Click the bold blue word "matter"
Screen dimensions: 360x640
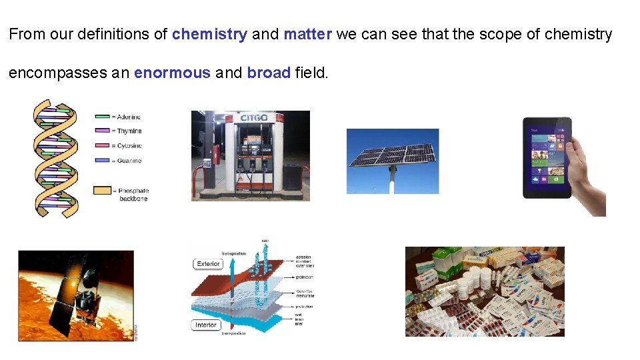click(307, 35)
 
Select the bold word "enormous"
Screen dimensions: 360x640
click(172, 73)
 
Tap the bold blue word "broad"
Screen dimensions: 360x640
click(269, 73)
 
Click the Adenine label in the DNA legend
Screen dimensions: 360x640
click(129, 117)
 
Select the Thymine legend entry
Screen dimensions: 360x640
click(129, 131)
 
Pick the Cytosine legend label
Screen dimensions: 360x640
click(129, 146)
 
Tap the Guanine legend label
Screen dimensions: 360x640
click(129, 161)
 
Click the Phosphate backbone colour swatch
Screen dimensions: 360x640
click(103, 191)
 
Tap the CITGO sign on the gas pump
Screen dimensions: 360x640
click(253, 118)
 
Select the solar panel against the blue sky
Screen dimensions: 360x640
click(392, 153)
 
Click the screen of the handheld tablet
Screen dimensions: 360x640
click(546, 158)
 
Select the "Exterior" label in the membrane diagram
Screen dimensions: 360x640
click(208, 264)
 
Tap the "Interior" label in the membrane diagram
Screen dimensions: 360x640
click(206, 325)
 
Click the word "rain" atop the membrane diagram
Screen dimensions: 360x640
click(265, 240)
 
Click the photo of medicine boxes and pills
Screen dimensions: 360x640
click(485, 291)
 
